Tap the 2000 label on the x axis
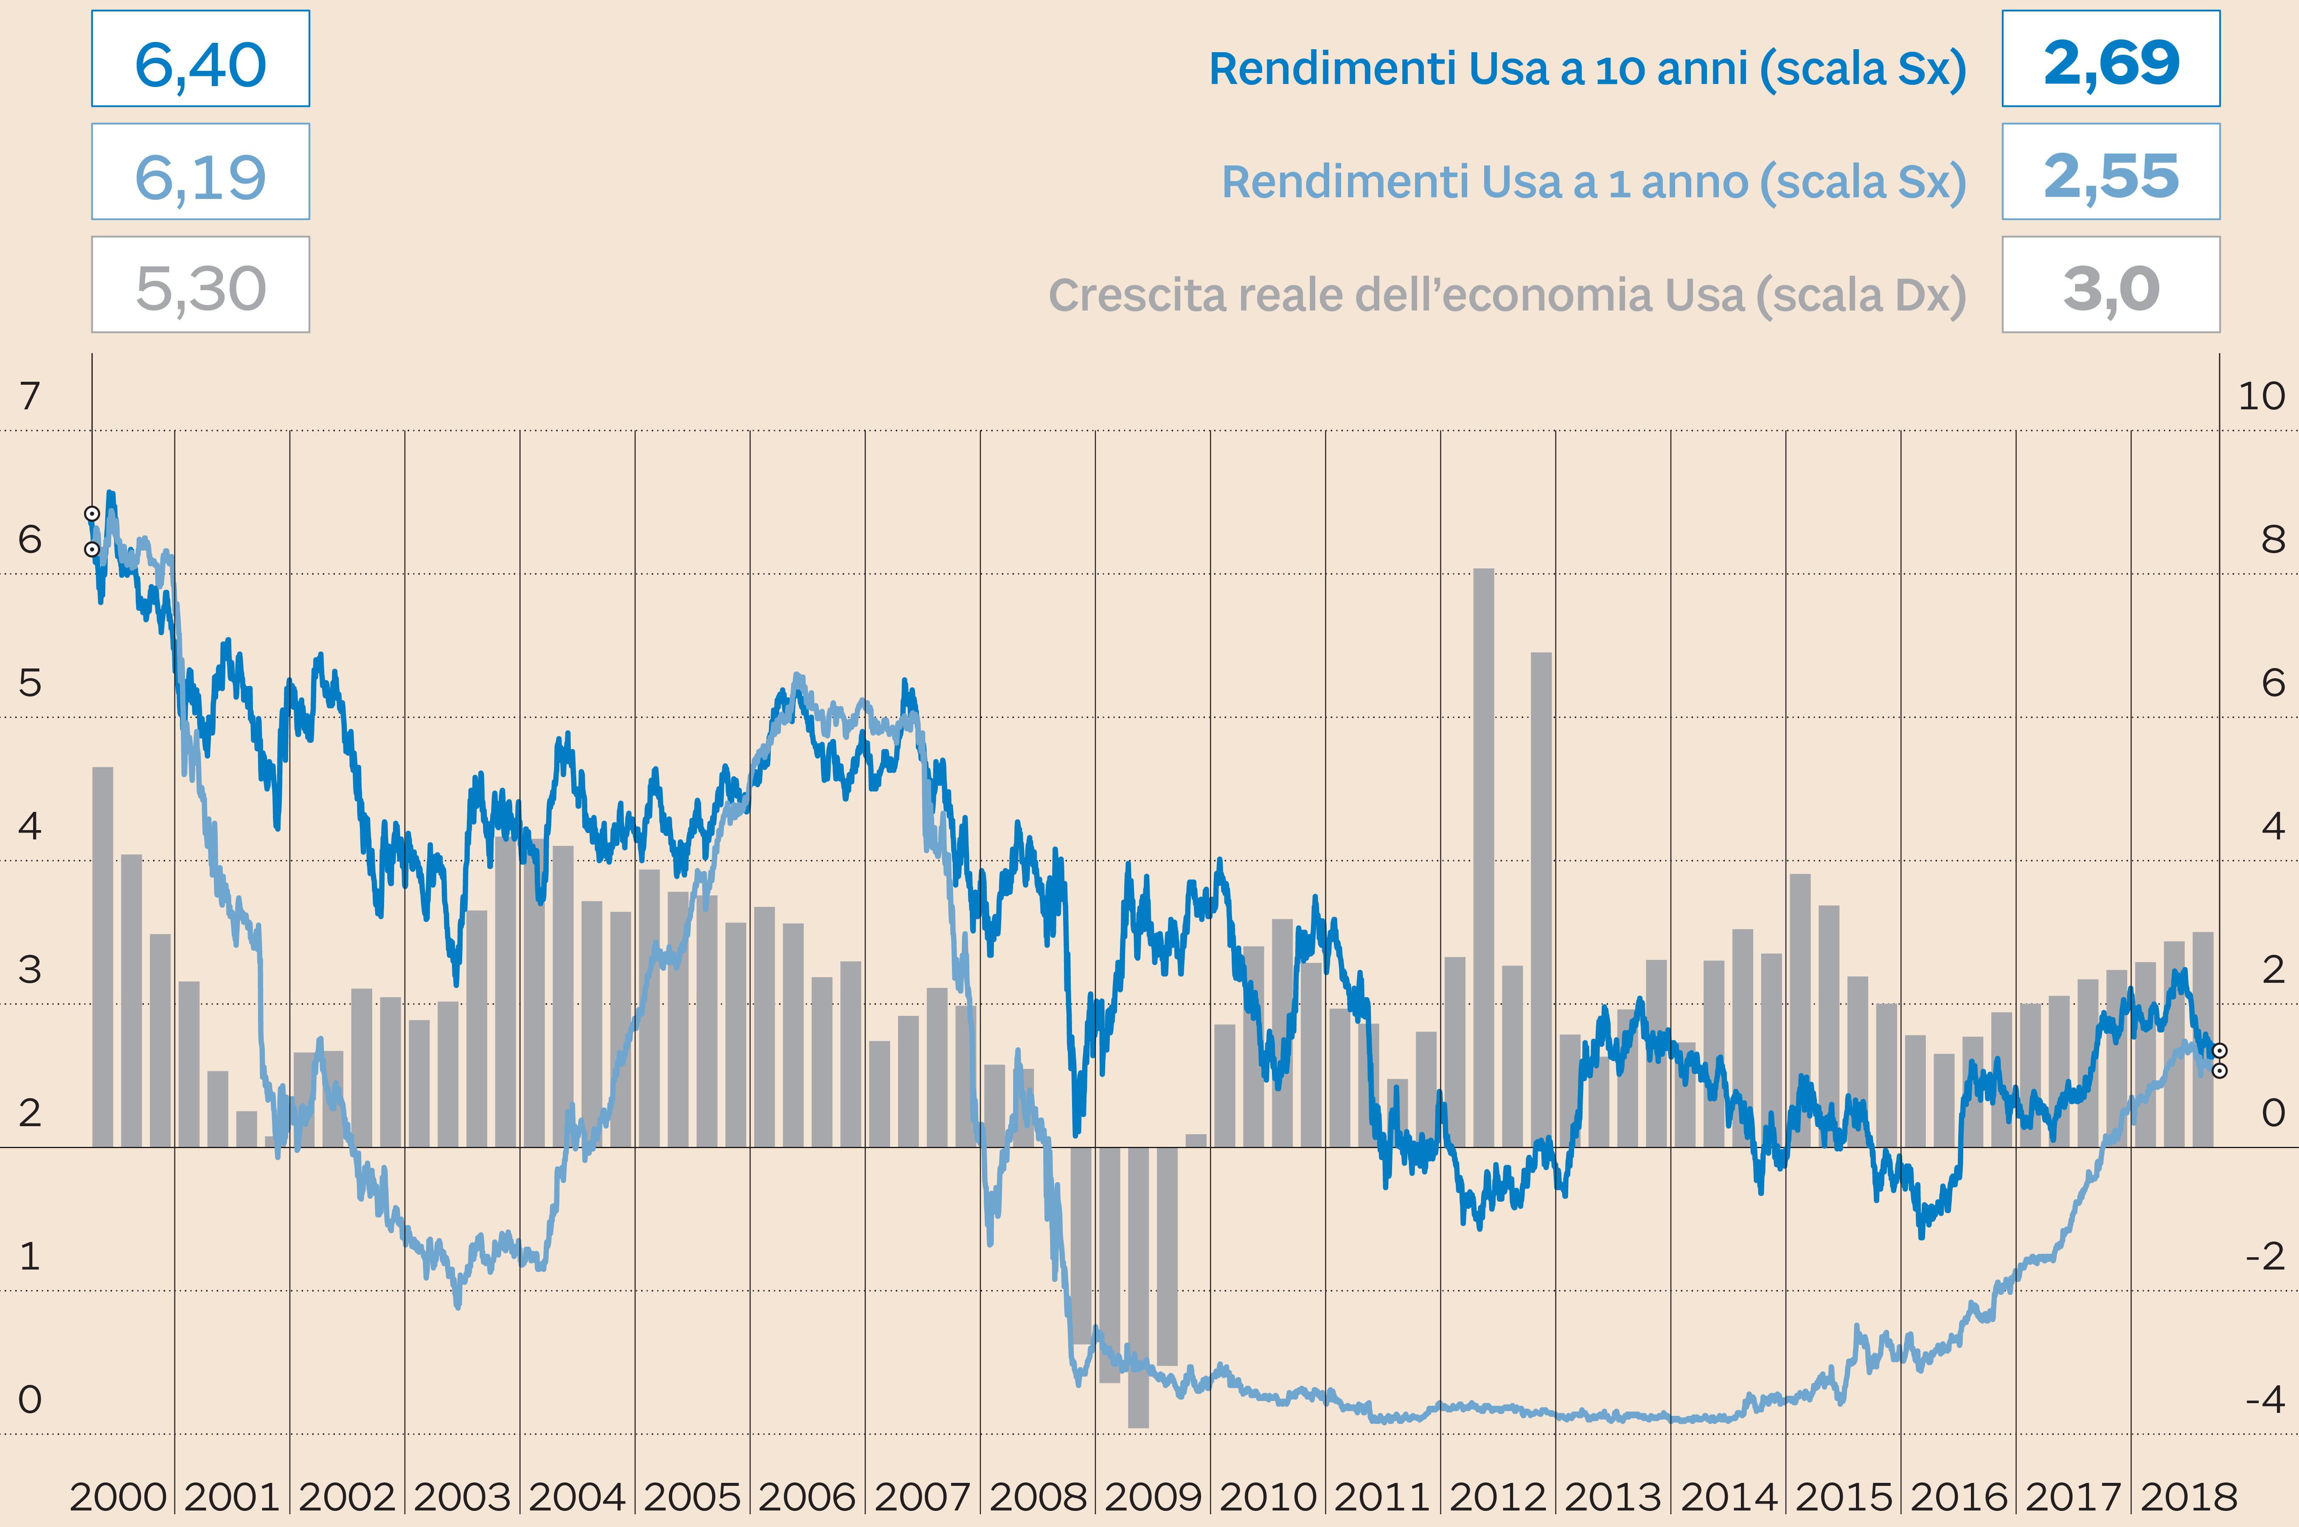(x=118, y=1496)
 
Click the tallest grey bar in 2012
(x=1483, y=857)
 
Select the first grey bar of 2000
(x=102, y=956)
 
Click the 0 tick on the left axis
(x=30, y=1399)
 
